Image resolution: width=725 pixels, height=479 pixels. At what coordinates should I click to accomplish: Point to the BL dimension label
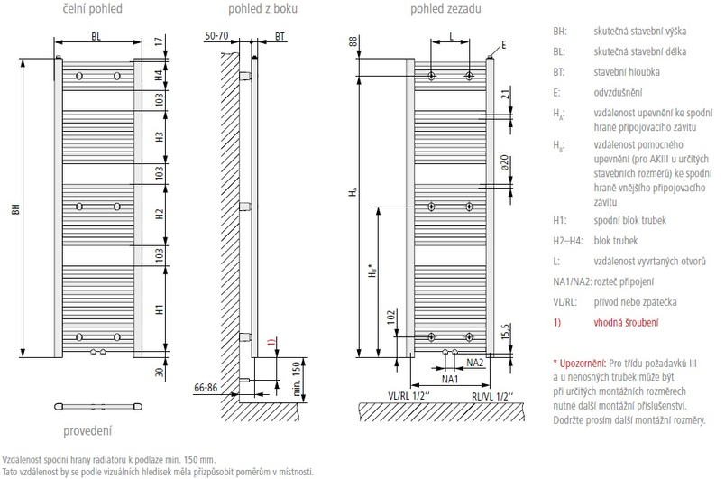point(97,37)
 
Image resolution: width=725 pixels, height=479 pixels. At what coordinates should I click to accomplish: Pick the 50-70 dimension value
point(217,35)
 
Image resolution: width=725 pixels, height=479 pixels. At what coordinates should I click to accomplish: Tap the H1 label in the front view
point(159,308)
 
